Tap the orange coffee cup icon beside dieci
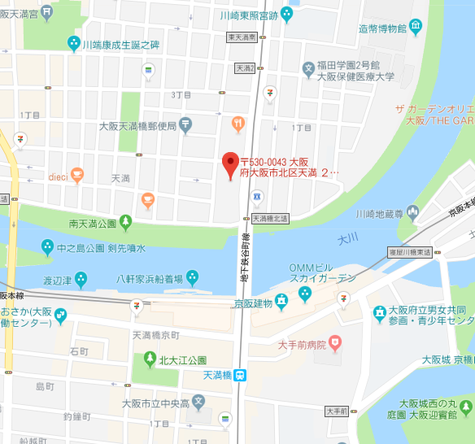(76, 173)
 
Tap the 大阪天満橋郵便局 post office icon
(185, 125)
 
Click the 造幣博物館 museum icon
(416, 28)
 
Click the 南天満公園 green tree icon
(124, 221)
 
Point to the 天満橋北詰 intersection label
(270, 218)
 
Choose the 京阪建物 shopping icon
(281, 302)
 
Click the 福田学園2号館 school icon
(308, 67)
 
